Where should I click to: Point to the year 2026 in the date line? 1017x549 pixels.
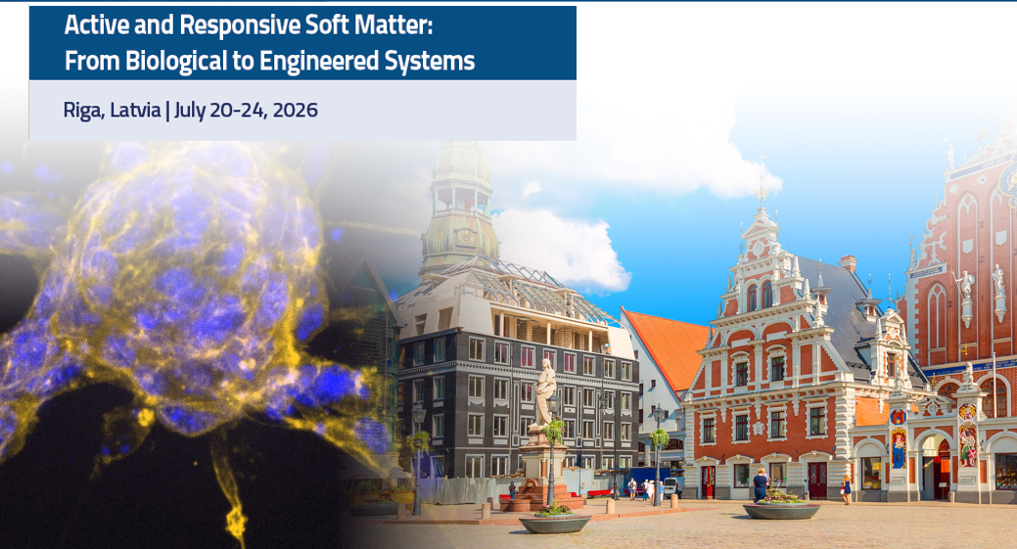295,110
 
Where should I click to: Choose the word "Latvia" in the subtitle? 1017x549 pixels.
135,110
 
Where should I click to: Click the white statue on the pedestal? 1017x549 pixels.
545,392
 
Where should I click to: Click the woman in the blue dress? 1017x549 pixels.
847,489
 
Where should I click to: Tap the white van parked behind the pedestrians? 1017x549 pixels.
672,486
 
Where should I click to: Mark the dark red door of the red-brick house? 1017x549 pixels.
817,480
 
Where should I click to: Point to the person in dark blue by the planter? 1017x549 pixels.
761,484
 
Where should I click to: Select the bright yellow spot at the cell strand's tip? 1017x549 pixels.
236,518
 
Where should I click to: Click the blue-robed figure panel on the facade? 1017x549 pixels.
899,448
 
